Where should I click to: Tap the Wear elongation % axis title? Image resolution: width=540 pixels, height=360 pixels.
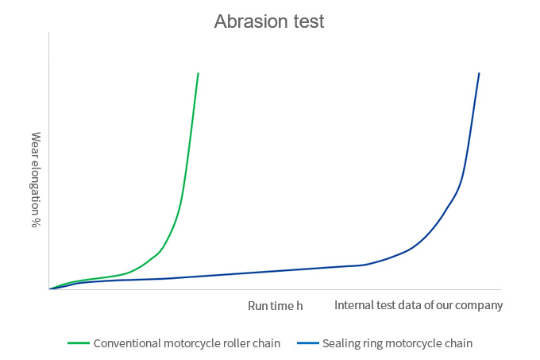pyautogui.click(x=36, y=180)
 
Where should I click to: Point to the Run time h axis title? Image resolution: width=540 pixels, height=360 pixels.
pyautogui.click(x=276, y=306)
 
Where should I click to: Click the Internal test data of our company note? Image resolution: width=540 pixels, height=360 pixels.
pyautogui.click(x=418, y=306)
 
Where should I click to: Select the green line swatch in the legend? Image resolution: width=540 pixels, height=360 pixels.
pyautogui.click(x=78, y=344)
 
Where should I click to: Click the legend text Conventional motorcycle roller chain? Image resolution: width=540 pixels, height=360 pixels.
pyautogui.click(x=187, y=344)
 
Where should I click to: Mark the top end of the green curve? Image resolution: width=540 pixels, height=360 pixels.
pyautogui.click(x=198, y=73)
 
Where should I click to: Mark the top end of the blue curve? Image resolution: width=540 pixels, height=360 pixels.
pyautogui.click(x=479, y=73)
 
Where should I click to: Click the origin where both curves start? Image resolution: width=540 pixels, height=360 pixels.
pyautogui.click(x=50, y=288)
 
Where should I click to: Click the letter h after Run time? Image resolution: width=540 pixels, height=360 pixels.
pyautogui.click(x=300, y=306)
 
